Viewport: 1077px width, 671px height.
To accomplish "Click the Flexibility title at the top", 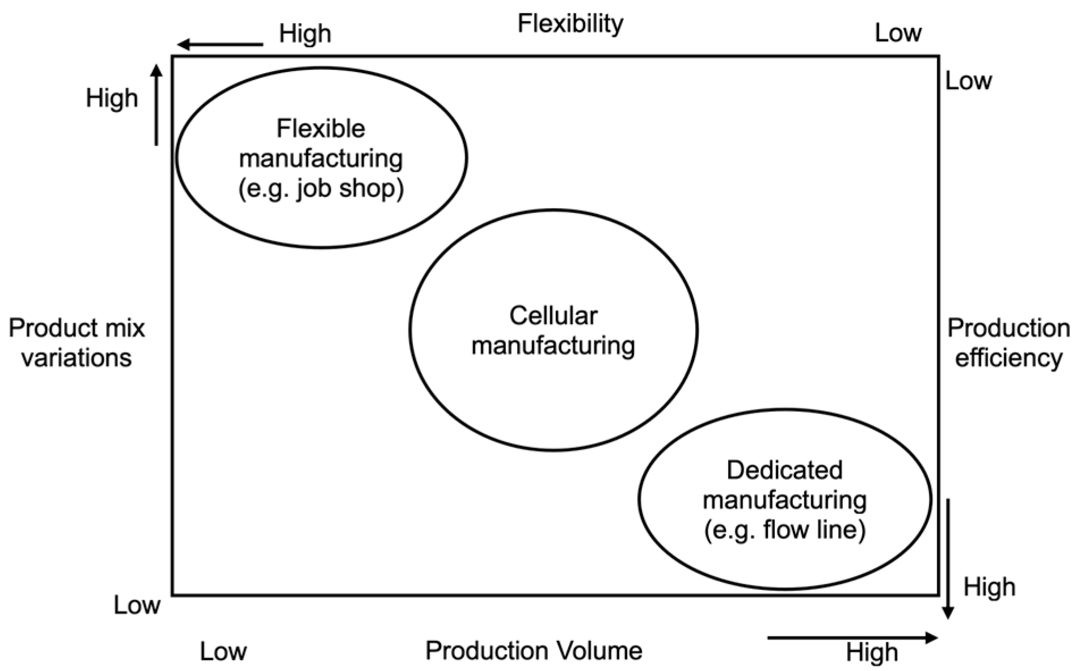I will pos(570,24).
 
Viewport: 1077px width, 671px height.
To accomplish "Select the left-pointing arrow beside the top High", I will pos(220,44).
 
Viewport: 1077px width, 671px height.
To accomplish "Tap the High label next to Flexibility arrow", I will pos(305,34).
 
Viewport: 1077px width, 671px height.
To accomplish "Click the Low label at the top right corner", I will pos(898,33).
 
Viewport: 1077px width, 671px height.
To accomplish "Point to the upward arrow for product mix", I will pos(157,105).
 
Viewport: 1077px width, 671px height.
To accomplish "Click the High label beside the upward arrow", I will pos(112,98).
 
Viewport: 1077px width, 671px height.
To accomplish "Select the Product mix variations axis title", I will pos(77,343).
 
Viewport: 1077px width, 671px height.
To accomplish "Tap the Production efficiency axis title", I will pos(1008,343).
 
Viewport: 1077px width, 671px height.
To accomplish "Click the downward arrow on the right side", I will pos(947,558).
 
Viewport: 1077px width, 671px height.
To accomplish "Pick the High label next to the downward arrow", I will pos(989,587).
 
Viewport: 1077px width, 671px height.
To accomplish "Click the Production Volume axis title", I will pos(534,651).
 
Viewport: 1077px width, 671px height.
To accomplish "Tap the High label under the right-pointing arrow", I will pos(872,653).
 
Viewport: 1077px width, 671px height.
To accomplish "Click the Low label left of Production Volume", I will pos(223,652).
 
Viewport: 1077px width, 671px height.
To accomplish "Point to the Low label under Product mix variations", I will pos(137,605).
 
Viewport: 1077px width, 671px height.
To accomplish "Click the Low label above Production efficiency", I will pos(968,81).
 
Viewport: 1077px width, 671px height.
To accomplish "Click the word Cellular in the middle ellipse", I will pos(553,315).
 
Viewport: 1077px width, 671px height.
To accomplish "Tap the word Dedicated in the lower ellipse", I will pos(784,470).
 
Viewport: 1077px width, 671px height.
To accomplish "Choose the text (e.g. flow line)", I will pos(785,530).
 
